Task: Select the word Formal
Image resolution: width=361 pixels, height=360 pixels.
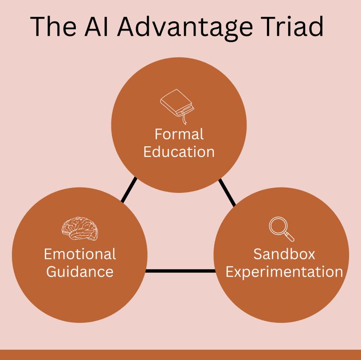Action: coord(179,134)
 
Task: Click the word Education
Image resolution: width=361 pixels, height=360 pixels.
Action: coord(179,152)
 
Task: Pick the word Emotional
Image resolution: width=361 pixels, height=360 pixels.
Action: coord(80,254)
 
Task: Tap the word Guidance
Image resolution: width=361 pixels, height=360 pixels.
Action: coord(80,271)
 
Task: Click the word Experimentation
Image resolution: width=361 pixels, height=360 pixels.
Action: coord(284,271)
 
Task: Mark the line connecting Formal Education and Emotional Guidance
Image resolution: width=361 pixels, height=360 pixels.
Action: coord(129,190)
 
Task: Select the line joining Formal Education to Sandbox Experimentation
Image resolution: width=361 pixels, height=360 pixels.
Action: coord(228,192)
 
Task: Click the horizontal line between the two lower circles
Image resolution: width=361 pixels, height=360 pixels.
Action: coord(180,270)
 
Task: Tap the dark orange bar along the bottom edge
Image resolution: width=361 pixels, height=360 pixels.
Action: coord(180,355)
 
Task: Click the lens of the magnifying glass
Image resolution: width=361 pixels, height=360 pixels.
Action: coord(278,225)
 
